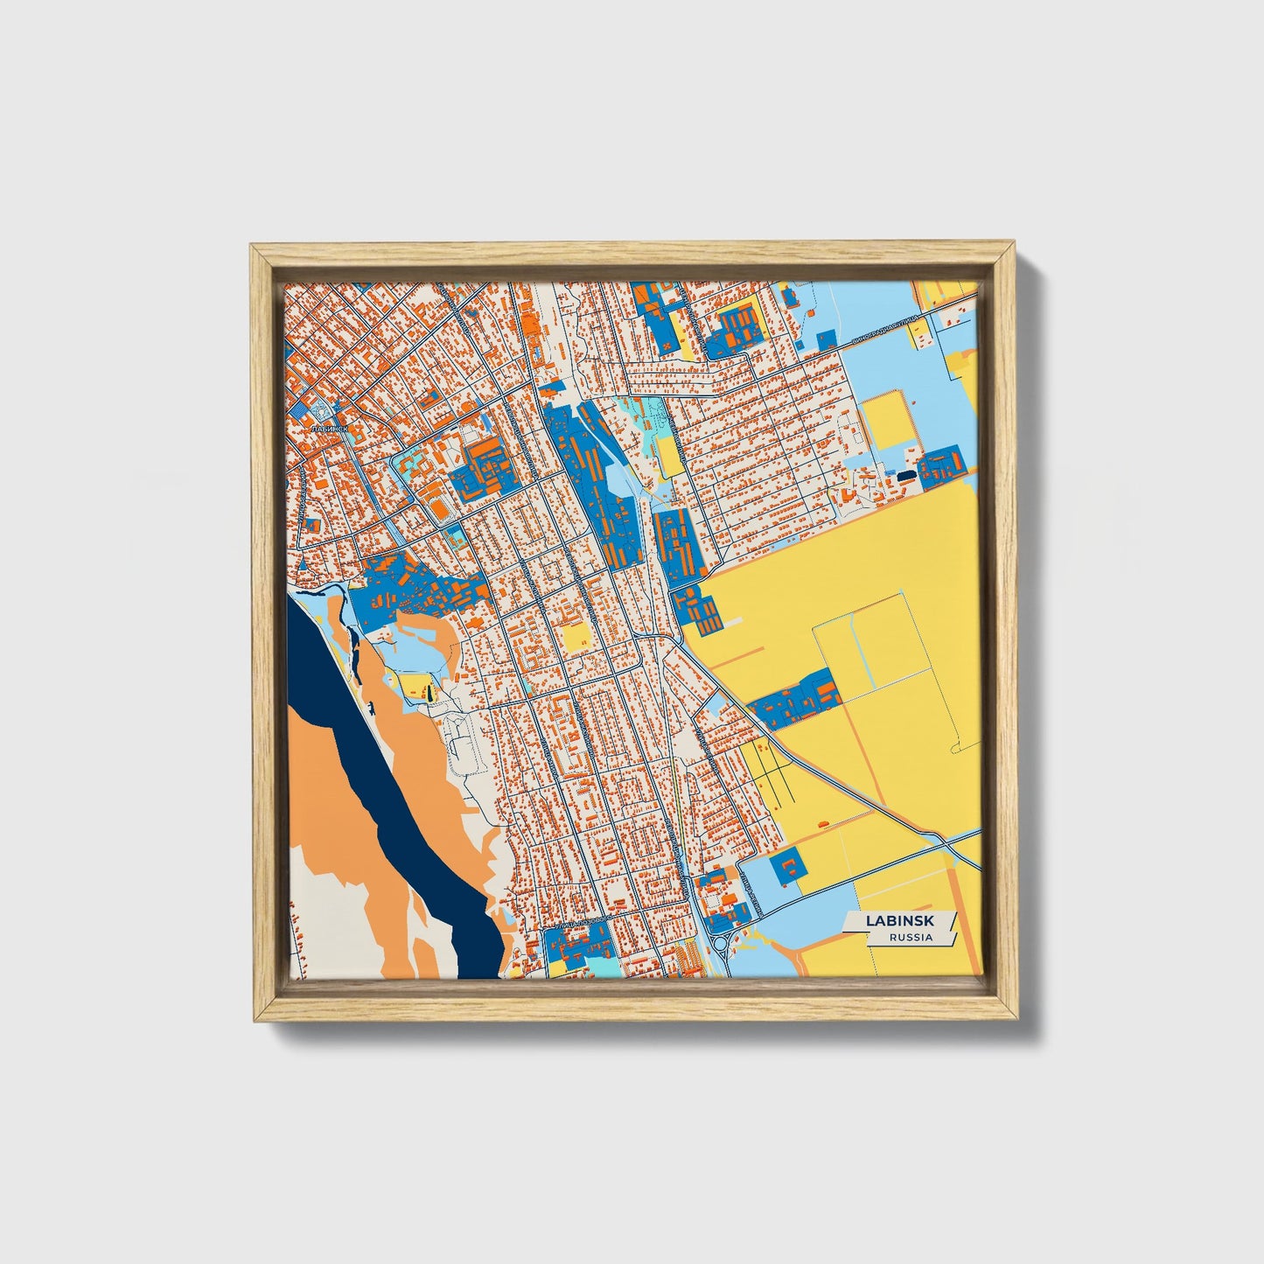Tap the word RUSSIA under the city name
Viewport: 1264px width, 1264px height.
click(x=910, y=938)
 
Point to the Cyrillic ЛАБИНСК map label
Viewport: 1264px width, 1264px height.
click(x=329, y=429)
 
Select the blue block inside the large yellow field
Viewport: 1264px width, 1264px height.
click(x=796, y=701)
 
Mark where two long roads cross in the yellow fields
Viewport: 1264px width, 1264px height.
click(x=948, y=842)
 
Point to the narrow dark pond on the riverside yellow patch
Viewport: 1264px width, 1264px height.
click(x=429, y=693)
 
